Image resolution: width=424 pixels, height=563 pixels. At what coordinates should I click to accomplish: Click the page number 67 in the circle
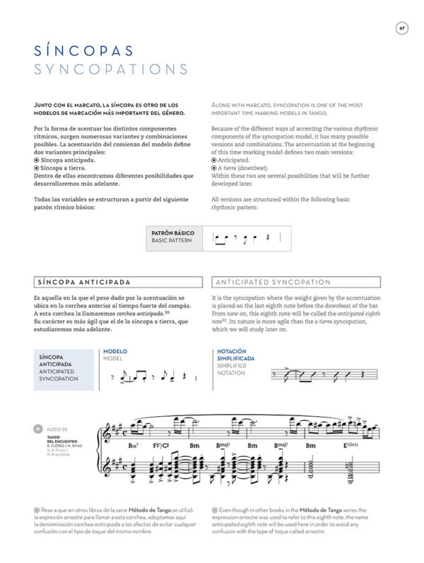401,28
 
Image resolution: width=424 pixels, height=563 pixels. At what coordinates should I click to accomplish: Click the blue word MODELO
115,351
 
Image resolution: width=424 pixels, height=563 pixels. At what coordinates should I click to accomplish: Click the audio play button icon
37,429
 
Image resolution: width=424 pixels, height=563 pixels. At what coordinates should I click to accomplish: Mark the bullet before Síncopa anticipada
36,160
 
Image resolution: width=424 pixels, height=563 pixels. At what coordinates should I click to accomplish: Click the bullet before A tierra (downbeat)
214,168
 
